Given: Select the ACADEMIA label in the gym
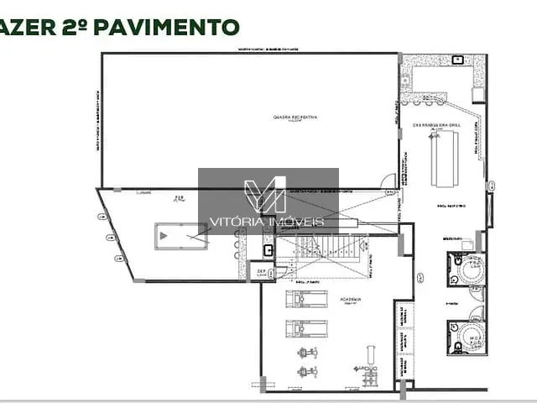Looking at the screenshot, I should tap(351, 299).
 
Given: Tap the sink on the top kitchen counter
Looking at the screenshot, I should tap(457, 60).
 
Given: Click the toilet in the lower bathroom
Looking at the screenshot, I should tap(457, 343).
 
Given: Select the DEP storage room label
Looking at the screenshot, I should tap(260, 272).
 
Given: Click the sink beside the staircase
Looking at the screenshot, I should tap(268, 249).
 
